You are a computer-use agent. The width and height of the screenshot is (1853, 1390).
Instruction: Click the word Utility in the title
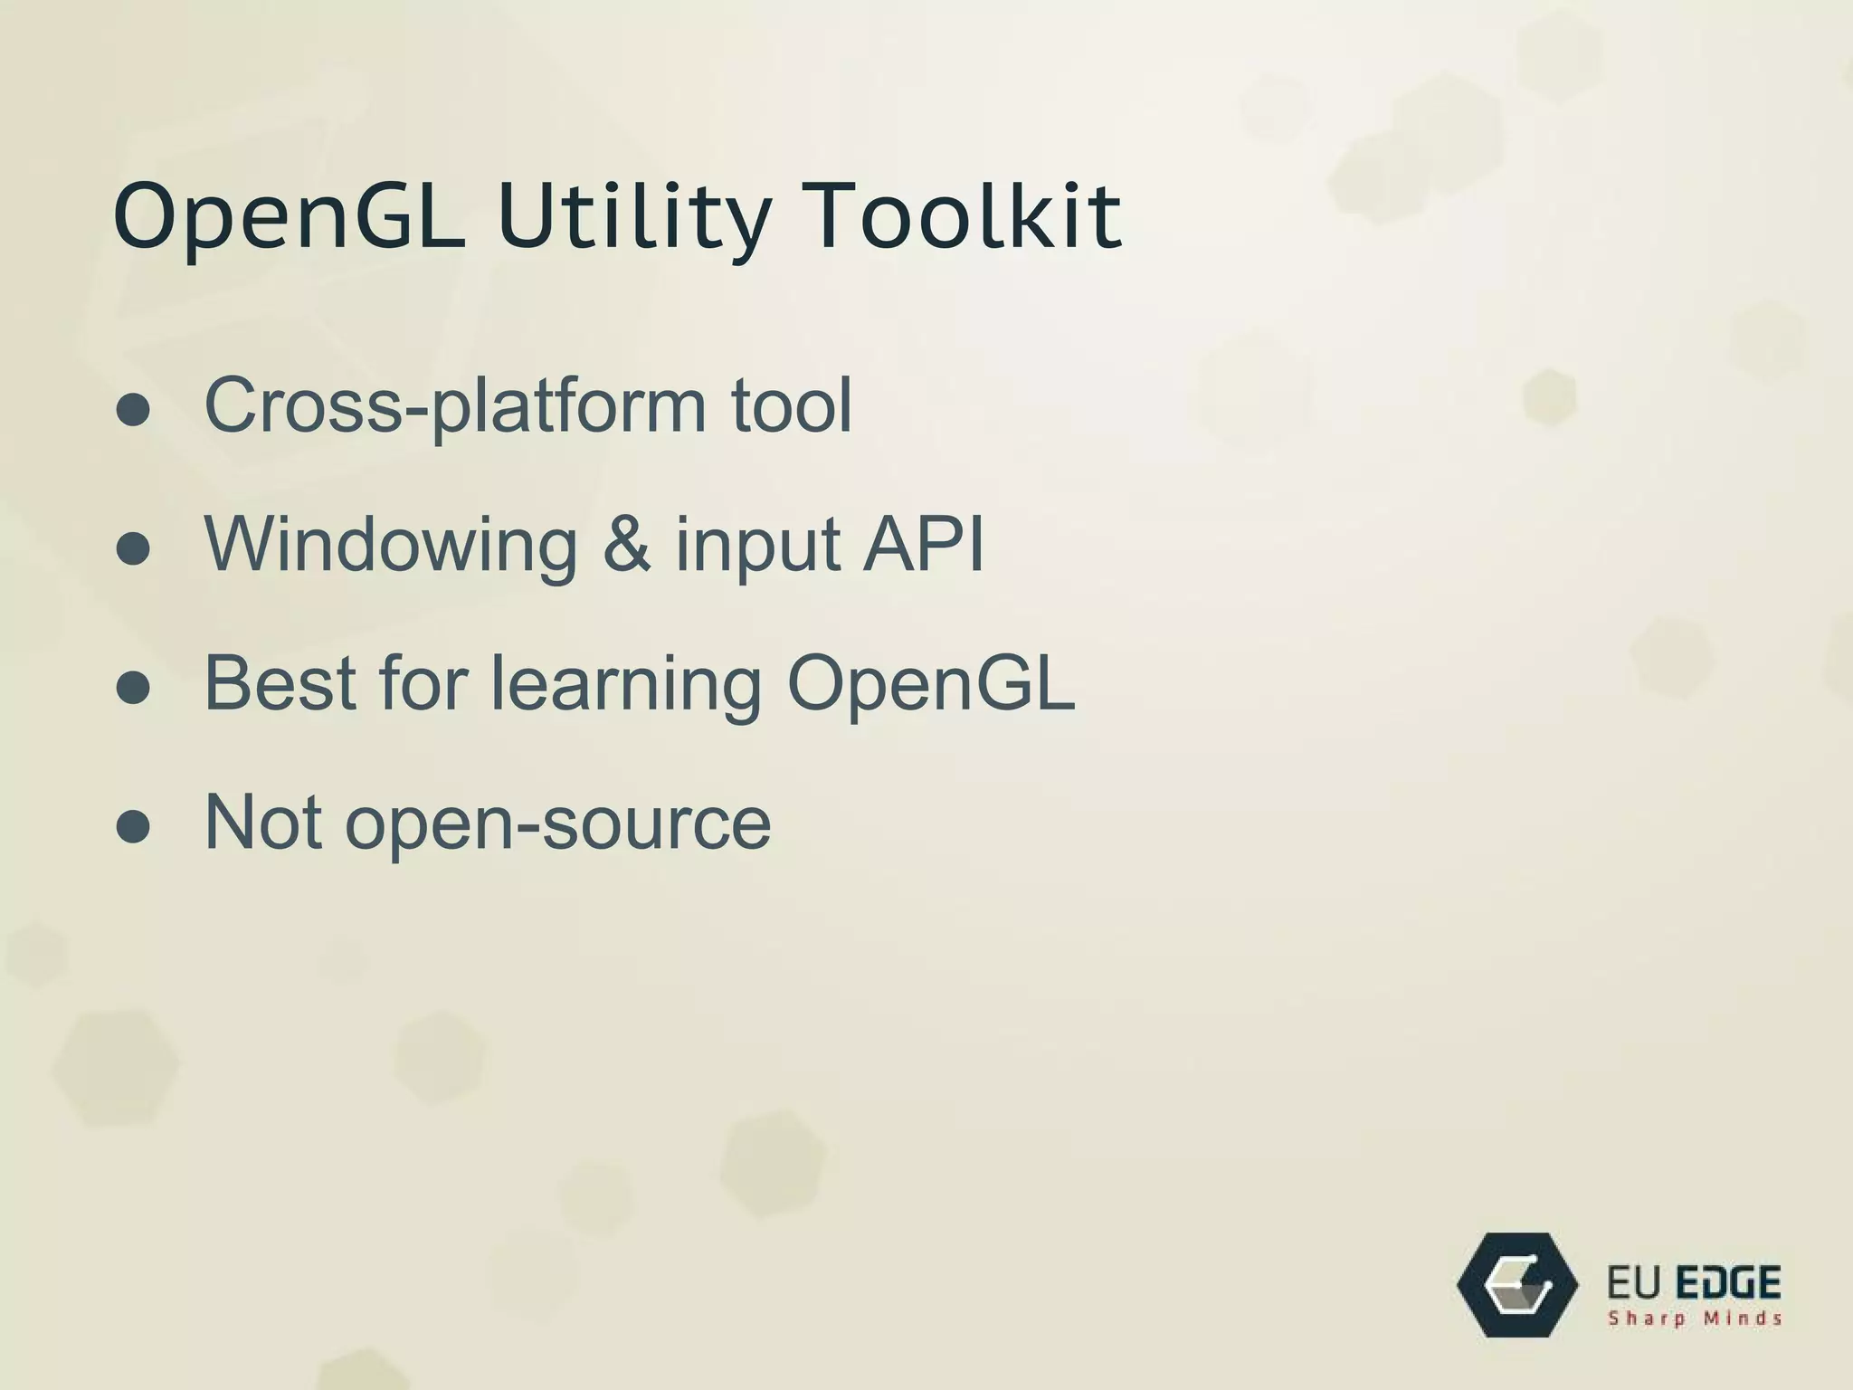tap(633, 217)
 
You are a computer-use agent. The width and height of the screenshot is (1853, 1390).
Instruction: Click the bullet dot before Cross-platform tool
tap(133, 410)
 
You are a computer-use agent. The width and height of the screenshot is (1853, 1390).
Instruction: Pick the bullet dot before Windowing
tap(133, 548)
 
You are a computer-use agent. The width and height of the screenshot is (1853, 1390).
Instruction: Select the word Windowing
tap(391, 546)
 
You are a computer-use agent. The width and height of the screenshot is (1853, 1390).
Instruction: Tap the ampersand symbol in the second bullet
tap(626, 544)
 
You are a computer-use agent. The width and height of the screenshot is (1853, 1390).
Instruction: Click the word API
tap(923, 544)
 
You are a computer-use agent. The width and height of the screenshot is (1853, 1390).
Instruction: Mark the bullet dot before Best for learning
tap(133, 688)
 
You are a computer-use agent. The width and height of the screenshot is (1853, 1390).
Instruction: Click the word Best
tap(280, 683)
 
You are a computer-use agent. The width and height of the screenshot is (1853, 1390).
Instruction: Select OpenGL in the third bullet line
tap(931, 683)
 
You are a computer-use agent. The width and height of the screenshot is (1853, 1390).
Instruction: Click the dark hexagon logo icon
tap(1517, 1285)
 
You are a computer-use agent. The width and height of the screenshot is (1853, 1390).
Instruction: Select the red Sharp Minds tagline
tap(1694, 1319)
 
